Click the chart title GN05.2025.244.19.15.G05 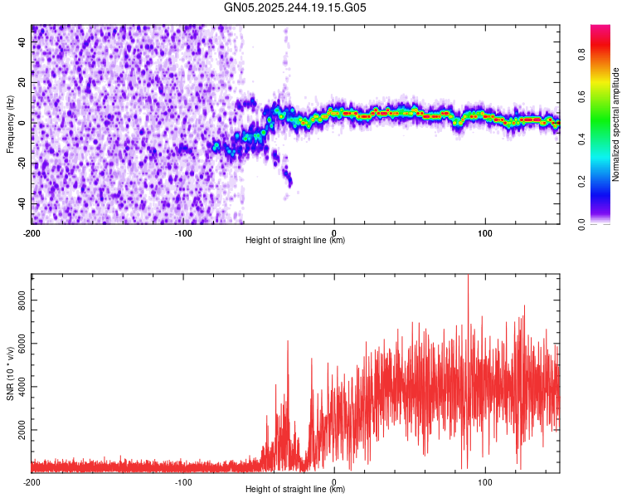click(x=296, y=8)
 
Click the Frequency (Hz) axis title click(x=10, y=124)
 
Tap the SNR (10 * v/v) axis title click(x=10, y=373)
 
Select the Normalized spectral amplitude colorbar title click(x=615, y=124)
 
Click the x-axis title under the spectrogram click(x=295, y=240)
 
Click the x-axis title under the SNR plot click(x=295, y=489)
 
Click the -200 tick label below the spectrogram click(x=32, y=232)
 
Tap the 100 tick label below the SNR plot click(x=485, y=481)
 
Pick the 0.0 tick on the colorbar click(x=582, y=223)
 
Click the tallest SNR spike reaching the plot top click(x=468, y=277)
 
